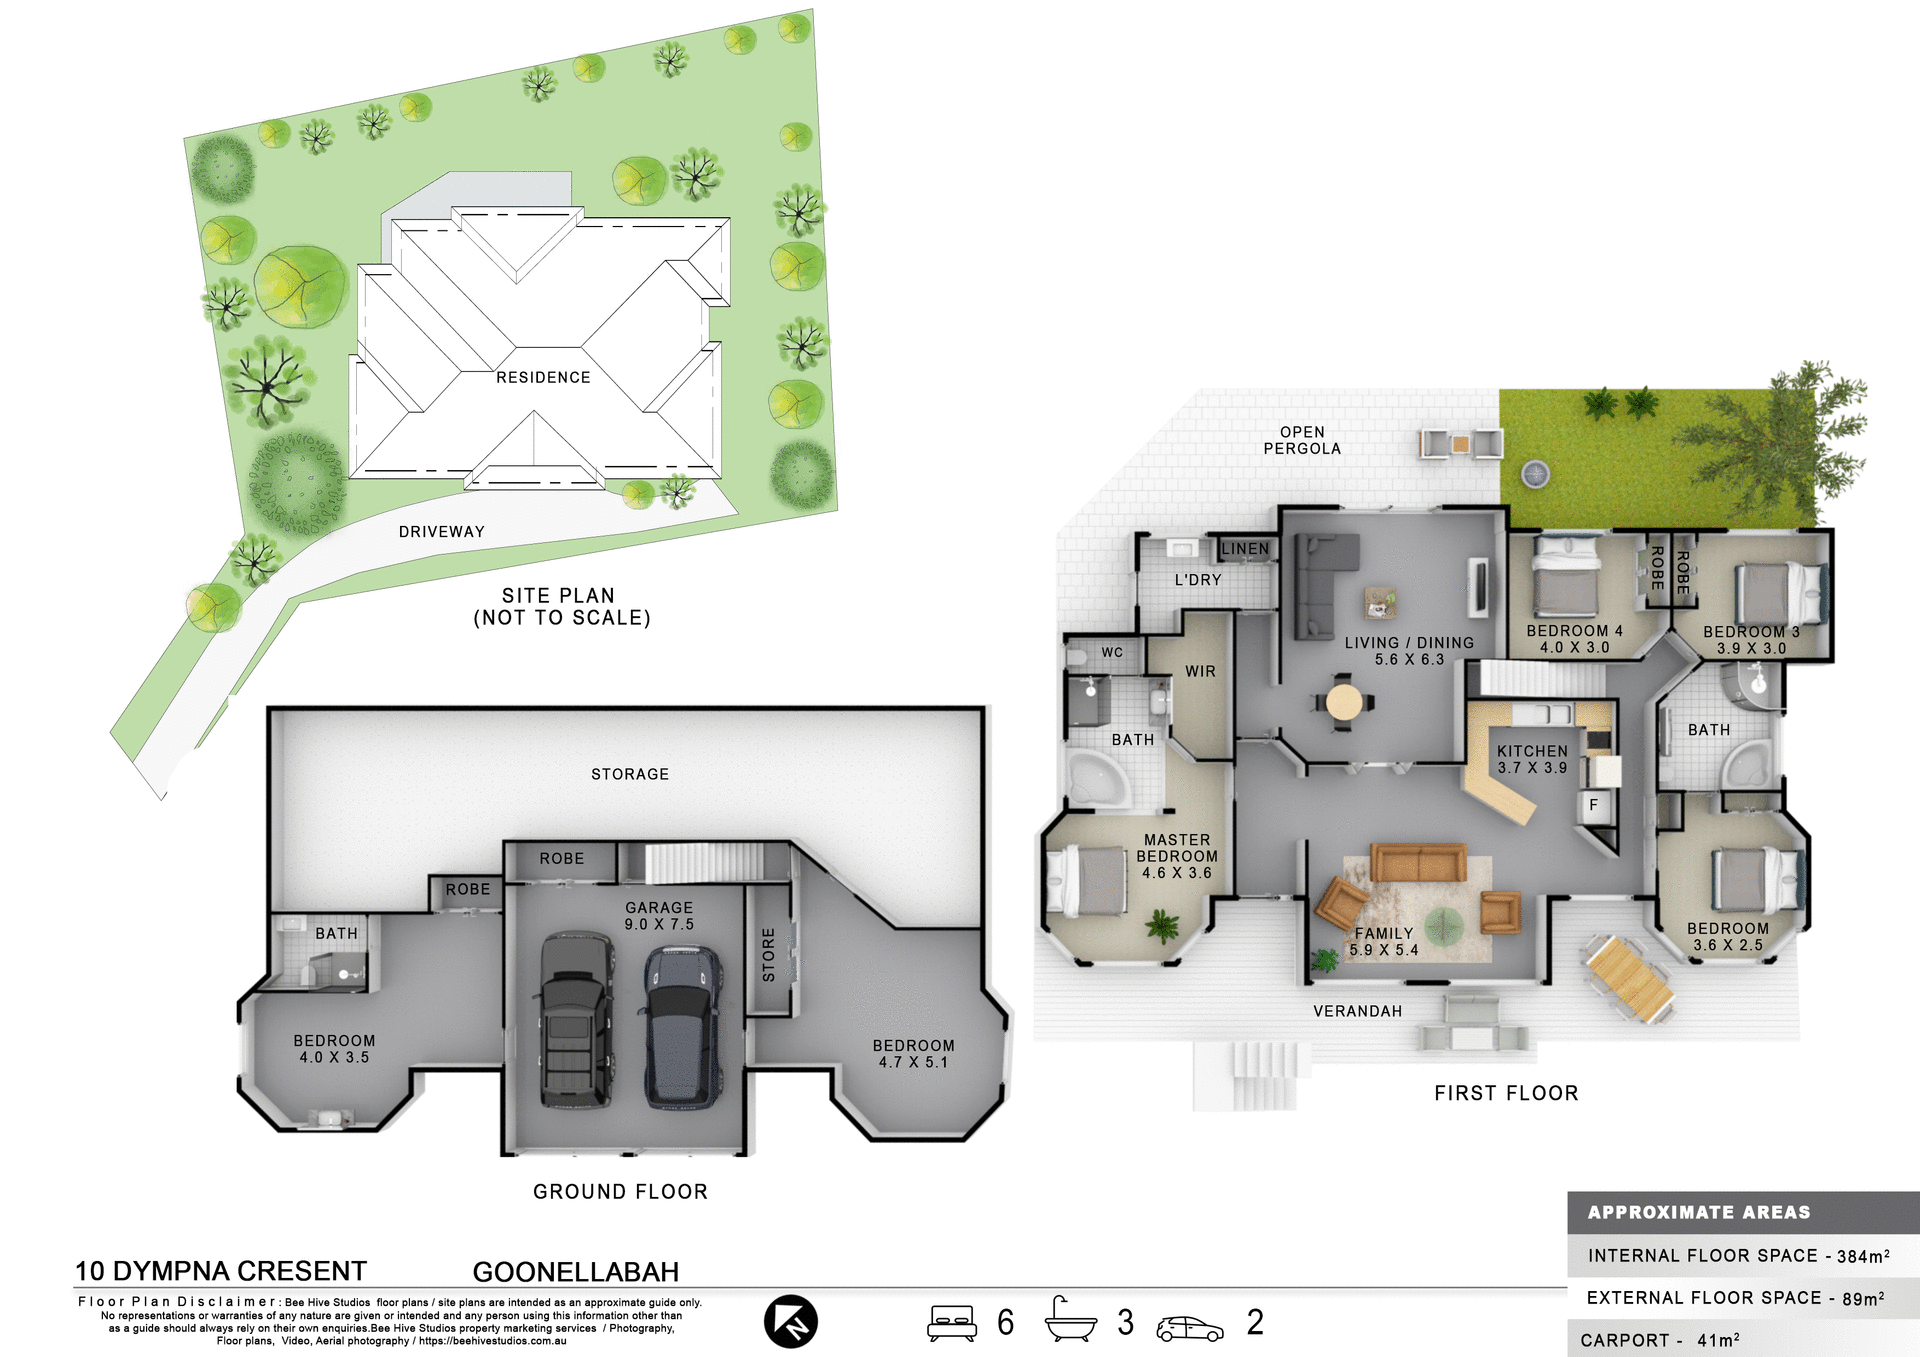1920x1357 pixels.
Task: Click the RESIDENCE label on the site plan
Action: [x=543, y=377]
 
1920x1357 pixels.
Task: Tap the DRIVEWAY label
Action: [x=441, y=532]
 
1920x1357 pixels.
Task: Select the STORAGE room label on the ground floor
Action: [x=630, y=774]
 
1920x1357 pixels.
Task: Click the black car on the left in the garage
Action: [x=576, y=1020]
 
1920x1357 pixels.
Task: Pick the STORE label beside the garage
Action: [x=768, y=954]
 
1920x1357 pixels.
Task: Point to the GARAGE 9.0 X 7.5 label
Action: [x=659, y=916]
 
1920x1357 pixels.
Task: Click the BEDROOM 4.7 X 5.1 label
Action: [x=913, y=1054]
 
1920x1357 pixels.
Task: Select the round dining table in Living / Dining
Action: [x=1343, y=702]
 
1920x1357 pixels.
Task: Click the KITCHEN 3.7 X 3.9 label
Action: [x=1532, y=759]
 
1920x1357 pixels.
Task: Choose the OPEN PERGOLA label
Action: [x=1302, y=440]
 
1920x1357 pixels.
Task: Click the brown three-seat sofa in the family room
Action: [x=1418, y=862]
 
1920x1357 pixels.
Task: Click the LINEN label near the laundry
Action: [x=1245, y=549]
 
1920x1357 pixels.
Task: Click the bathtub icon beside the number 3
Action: [x=1070, y=1320]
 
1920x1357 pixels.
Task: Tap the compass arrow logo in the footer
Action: [x=791, y=1321]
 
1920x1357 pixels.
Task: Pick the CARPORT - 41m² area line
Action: [x=1660, y=1340]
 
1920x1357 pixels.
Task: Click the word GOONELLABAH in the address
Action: [x=576, y=1272]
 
